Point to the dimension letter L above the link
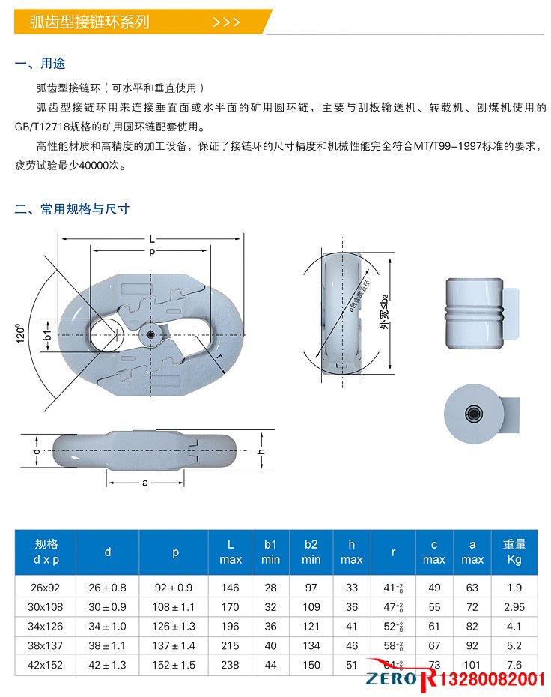pyautogui.click(x=152, y=239)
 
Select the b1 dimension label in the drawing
pyautogui.click(x=48, y=332)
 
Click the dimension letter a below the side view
pyautogui.click(x=145, y=483)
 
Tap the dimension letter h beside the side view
pyautogui.click(x=261, y=452)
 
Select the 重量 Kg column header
pyautogui.click(x=514, y=552)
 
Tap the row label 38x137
pyautogui.click(x=46, y=645)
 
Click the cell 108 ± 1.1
pyautogui.click(x=176, y=606)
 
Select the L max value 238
pyautogui.click(x=231, y=664)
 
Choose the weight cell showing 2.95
pyautogui.click(x=514, y=606)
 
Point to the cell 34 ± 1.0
pyautogui.click(x=108, y=626)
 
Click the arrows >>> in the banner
pyautogui.click(x=227, y=22)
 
